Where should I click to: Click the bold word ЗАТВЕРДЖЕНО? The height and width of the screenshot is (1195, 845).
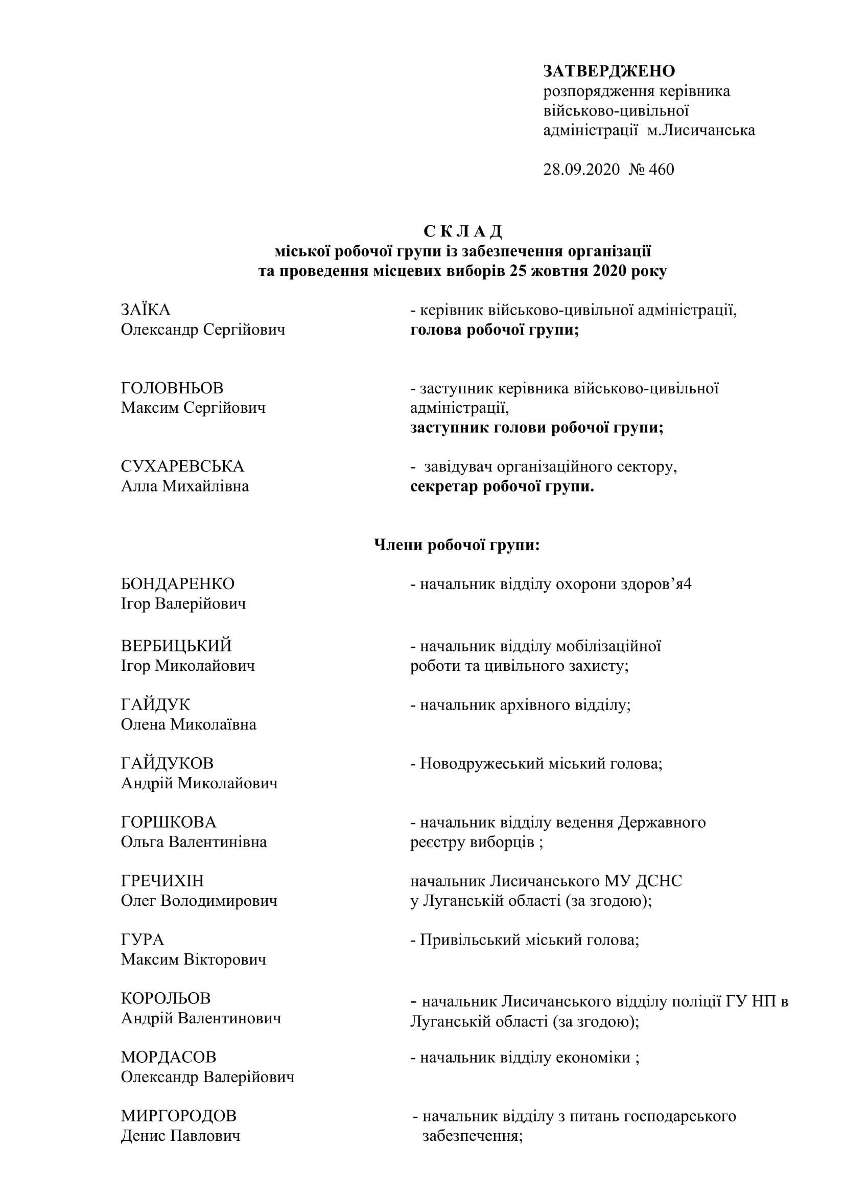[x=609, y=71]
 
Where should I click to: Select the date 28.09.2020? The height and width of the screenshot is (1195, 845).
[x=581, y=170]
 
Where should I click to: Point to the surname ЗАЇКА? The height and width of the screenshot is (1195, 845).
[x=146, y=310]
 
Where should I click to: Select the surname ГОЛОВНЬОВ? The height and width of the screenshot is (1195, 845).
[x=172, y=388]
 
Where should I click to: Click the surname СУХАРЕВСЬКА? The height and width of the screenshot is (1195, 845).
[x=182, y=466]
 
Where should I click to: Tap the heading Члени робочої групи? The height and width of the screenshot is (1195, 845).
[x=457, y=545]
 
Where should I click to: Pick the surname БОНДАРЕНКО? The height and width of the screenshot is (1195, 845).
[x=177, y=584]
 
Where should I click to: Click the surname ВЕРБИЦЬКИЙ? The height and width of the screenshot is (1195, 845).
[x=176, y=646]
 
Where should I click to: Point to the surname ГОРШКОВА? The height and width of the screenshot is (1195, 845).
[x=168, y=823]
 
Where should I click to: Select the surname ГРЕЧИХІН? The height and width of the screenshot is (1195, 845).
[x=162, y=881]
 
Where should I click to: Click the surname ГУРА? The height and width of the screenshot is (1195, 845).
[x=142, y=940]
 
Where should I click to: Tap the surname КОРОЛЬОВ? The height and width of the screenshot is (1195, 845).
[x=166, y=998]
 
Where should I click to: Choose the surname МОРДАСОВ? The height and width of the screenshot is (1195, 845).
[x=169, y=1057]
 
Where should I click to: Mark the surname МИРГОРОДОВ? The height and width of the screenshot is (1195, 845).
[x=178, y=1116]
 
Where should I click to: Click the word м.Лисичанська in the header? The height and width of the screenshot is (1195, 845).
[x=701, y=130]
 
